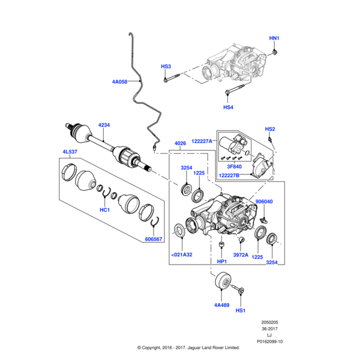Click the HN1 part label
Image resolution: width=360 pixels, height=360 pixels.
[x=274, y=38]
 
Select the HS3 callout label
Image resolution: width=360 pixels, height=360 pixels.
[x=166, y=66]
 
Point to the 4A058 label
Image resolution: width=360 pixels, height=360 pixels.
[x=119, y=82]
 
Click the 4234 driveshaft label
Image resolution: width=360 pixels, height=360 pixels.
[x=105, y=125]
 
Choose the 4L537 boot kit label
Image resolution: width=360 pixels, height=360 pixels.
[x=70, y=152]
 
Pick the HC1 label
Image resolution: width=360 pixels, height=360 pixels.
[x=105, y=210]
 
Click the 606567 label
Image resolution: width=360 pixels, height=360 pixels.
[x=154, y=239]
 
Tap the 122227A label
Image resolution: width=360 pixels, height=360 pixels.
[x=202, y=140]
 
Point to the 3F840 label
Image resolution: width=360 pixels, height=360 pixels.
[x=235, y=167]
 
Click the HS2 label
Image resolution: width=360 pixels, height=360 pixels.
[x=270, y=129]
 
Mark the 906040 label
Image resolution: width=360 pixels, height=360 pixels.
[x=264, y=202]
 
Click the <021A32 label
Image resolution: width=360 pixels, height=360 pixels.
[x=182, y=254]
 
